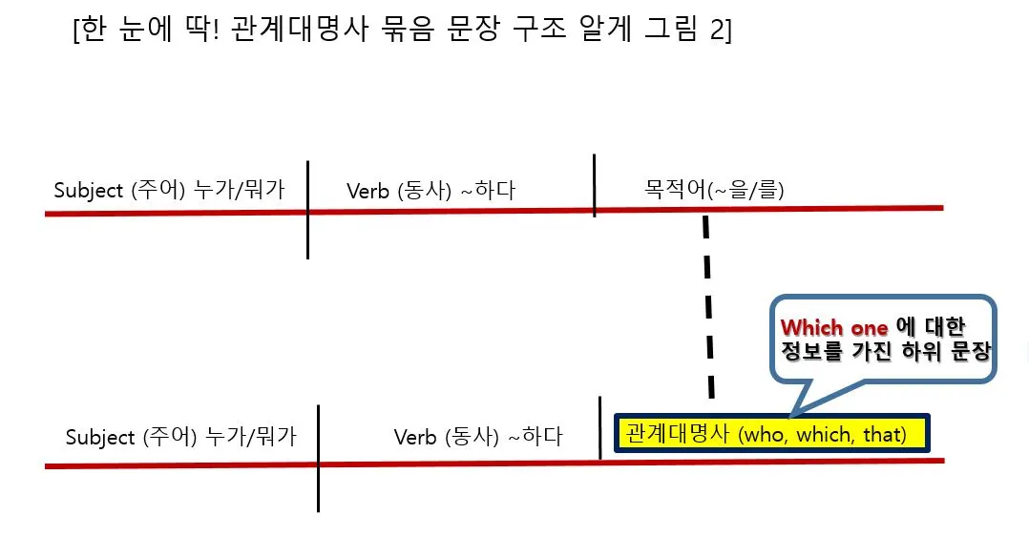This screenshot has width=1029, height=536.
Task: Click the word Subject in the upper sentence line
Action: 89,190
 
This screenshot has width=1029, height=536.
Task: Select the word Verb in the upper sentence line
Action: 367,191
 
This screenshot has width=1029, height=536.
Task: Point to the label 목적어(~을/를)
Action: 714,191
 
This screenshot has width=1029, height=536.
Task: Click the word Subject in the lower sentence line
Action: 100,438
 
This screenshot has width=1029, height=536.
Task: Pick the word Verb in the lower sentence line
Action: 415,438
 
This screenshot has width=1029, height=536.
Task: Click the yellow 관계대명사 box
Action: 771,434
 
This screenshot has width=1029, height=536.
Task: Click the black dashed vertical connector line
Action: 708,305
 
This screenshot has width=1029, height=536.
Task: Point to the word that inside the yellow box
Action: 884,435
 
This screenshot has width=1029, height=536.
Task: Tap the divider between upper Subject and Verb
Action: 307,210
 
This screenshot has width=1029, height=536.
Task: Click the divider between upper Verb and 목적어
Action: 594,186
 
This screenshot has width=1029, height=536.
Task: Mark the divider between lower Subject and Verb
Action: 318,458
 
